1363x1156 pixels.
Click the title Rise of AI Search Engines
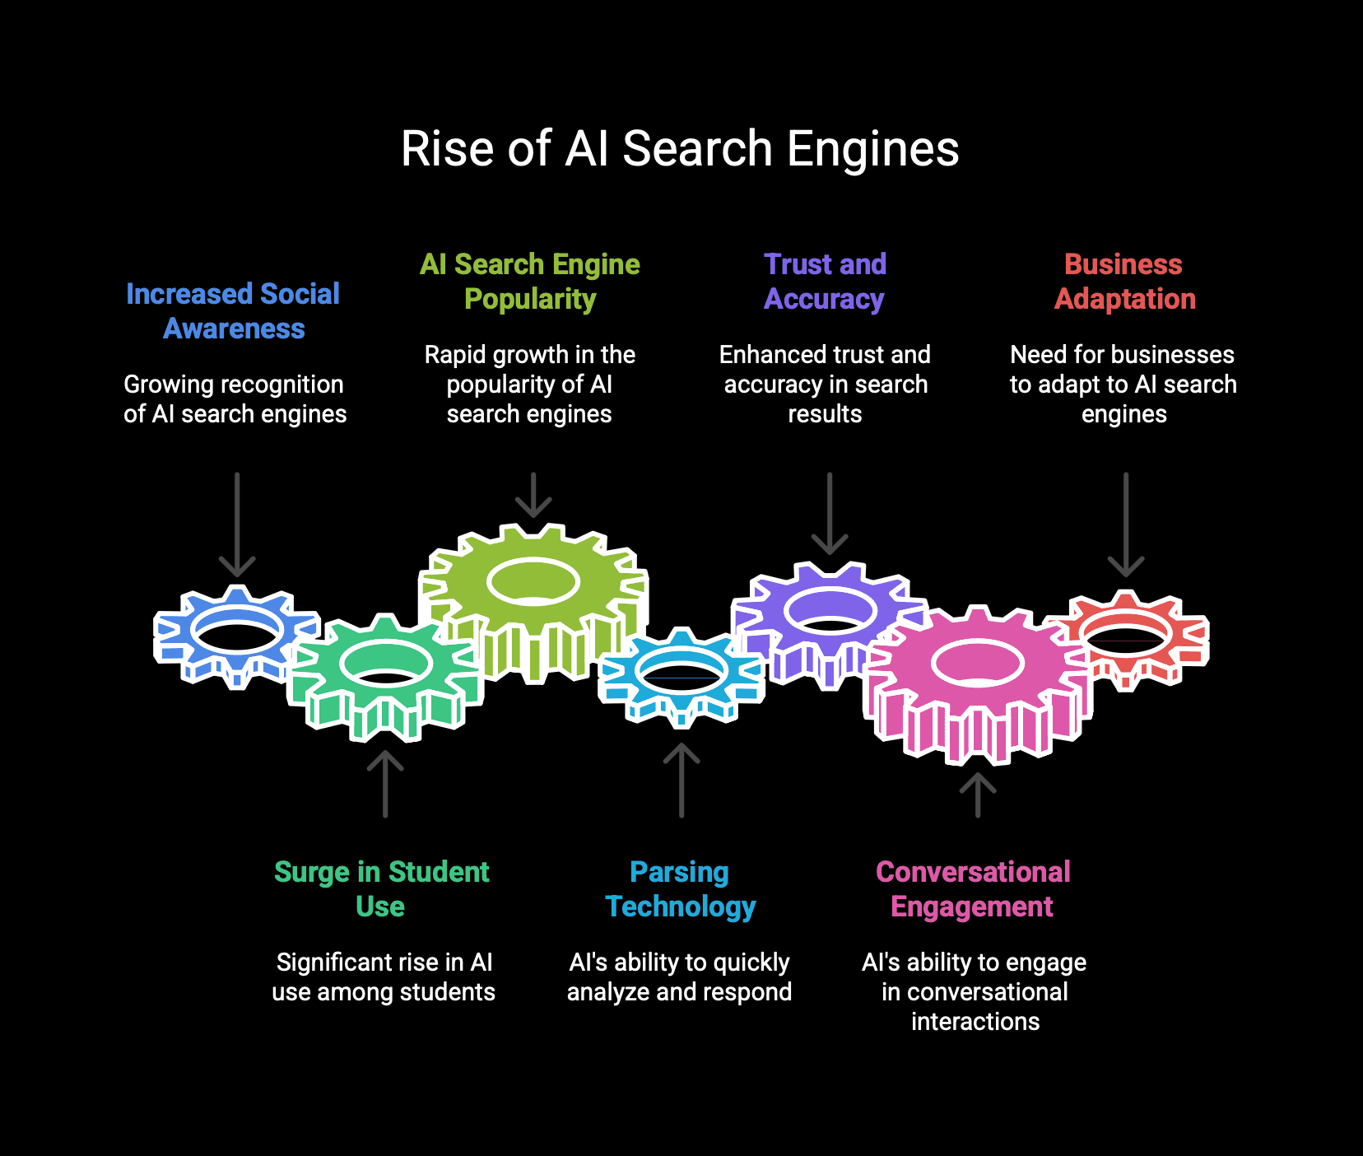pyautogui.click(x=680, y=149)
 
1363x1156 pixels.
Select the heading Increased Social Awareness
pyautogui.click(x=233, y=311)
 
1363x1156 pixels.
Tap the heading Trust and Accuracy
pyautogui.click(x=825, y=282)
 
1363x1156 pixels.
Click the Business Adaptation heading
pyautogui.click(x=1124, y=282)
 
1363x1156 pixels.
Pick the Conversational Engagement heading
pyautogui.click(x=973, y=889)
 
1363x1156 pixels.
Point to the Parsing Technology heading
pyautogui.click(x=680, y=889)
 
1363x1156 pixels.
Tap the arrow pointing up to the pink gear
pyautogui.click(x=978, y=795)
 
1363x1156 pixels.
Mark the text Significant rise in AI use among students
pyautogui.click(x=384, y=977)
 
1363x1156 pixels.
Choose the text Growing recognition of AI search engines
pyautogui.click(x=235, y=399)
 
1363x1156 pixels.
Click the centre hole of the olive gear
pyautogui.click(x=533, y=582)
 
